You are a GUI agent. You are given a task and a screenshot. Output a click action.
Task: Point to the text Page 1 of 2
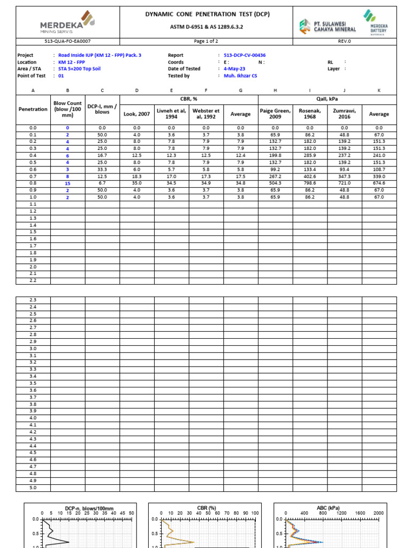[206, 41]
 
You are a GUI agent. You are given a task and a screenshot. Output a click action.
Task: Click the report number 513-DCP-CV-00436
[245, 55]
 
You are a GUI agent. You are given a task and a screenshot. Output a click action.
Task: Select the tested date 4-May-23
[234, 69]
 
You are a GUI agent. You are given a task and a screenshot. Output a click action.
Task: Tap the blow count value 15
[67, 184]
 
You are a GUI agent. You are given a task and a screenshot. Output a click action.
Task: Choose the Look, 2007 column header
[136, 114]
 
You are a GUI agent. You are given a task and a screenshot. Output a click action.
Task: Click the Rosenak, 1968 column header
[310, 114]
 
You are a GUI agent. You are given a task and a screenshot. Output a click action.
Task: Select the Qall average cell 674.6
[379, 184]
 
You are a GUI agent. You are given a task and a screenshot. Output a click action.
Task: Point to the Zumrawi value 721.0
[344, 184]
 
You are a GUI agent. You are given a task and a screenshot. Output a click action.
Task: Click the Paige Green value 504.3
[275, 184]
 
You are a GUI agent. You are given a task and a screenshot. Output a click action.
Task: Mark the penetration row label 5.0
[33, 488]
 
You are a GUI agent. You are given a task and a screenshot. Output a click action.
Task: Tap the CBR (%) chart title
[206, 508]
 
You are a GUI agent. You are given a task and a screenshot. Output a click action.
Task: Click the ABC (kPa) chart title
[328, 508]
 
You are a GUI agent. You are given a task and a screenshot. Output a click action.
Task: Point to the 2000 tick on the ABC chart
[378, 513]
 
